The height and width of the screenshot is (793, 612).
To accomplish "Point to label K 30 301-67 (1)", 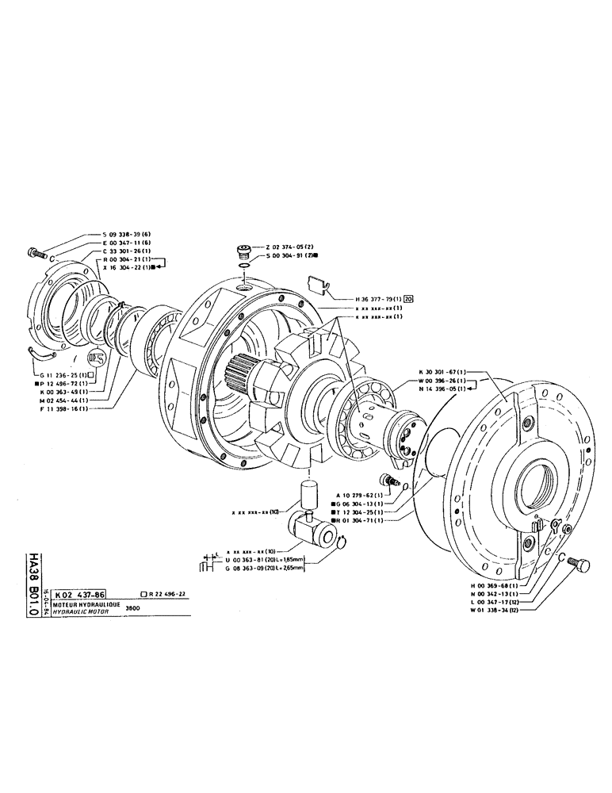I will (443, 371).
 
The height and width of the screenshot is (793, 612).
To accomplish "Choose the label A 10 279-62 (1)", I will (358, 495).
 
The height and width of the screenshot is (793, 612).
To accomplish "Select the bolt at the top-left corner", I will (35, 253).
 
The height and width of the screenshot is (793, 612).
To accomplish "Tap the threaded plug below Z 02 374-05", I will (244, 253).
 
